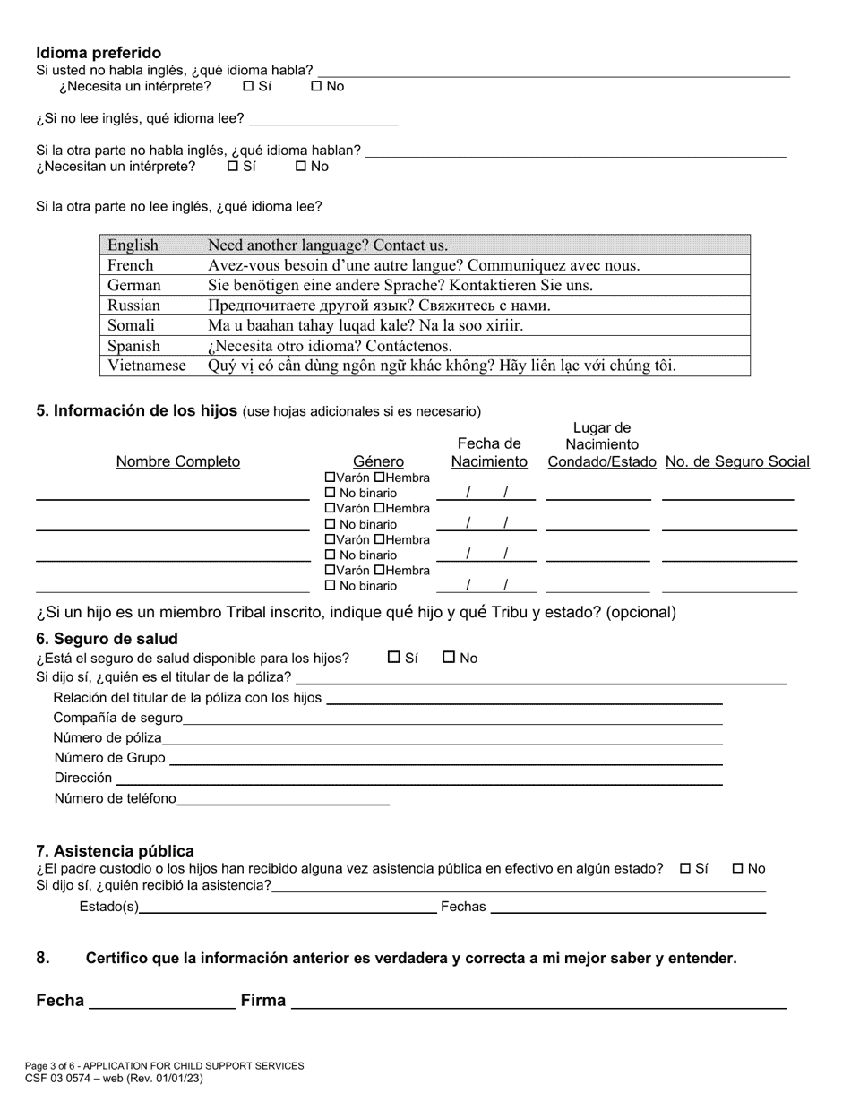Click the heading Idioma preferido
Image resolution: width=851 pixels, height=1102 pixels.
coord(99,53)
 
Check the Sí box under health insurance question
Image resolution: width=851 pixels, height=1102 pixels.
coord(394,658)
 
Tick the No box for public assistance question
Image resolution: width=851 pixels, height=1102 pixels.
coord(738,868)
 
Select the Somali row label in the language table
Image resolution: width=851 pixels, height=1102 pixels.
coord(131,325)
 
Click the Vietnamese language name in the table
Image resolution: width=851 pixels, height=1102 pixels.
coord(147,366)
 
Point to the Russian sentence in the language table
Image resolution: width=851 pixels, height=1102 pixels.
coord(379,306)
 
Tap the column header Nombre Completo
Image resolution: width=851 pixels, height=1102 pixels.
coord(178,461)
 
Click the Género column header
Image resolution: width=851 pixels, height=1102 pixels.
coord(378,461)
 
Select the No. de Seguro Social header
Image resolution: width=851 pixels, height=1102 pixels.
coord(737,461)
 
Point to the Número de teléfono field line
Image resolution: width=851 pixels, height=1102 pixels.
coord(283,802)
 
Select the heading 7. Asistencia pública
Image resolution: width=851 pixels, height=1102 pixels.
coord(115,851)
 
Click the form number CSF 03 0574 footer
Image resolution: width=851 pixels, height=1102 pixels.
coord(114,1079)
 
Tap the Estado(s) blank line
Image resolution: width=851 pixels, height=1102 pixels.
coord(288,910)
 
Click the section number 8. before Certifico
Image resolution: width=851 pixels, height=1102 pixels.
coord(43,958)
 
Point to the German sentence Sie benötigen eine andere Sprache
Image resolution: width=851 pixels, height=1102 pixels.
coord(400,286)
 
